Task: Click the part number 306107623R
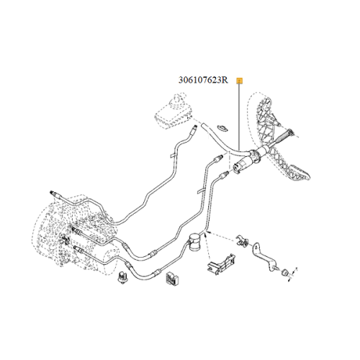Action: pyautogui.click(x=203, y=80)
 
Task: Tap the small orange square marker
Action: pyautogui.click(x=240, y=81)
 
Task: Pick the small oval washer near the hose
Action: pyautogui.click(x=222, y=128)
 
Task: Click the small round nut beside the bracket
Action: pyautogui.click(x=285, y=273)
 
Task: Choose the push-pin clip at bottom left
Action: pyautogui.click(x=123, y=277)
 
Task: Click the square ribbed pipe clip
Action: pyautogui.click(x=172, y=279)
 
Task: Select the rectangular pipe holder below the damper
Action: pyautogui.click(x=221, y=264)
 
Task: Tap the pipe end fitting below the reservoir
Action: pyautogui.click(x=194, y=130)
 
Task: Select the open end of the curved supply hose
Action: pyautogui.click(x=203, y=126)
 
